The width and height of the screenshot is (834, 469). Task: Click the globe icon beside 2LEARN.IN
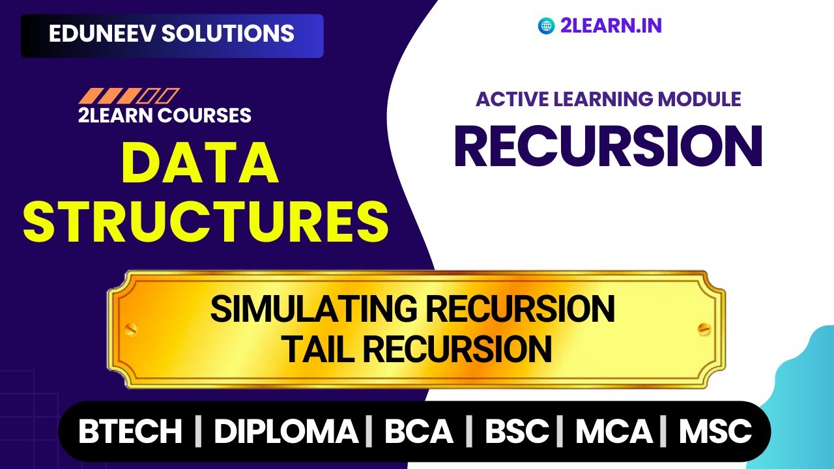coord(546,26)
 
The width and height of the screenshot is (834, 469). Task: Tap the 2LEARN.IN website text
coord(611,26)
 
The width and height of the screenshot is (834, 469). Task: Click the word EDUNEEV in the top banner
coord(101,34)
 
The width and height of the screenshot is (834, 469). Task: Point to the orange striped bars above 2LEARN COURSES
coord(128,96)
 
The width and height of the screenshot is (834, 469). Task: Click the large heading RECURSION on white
coord(608,146)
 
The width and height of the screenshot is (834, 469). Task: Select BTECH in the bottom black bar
coord(130,431)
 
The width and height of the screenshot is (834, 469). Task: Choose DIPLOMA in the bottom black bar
coord(286,431)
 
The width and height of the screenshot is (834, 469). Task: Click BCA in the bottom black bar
coord(418,431)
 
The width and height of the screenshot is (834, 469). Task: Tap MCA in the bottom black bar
coord(614,431)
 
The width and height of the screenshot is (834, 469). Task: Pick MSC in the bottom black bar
coord(715,431)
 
